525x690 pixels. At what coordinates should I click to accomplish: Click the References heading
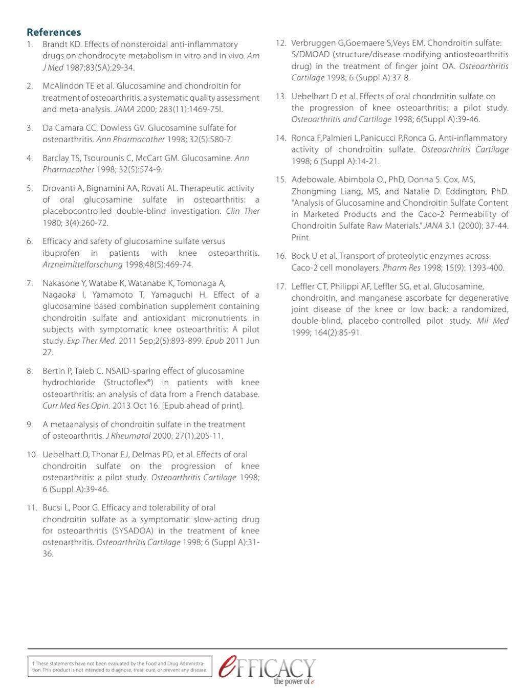(54, 33)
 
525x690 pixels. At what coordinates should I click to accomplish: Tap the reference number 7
(30, 283)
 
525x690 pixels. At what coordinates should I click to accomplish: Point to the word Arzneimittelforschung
(82, 264)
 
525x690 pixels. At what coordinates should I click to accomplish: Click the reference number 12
(280, 42)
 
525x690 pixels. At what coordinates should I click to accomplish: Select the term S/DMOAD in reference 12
(310, 54)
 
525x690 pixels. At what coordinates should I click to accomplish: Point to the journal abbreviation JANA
(427, 226)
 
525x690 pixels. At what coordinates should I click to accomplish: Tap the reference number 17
(280, 286)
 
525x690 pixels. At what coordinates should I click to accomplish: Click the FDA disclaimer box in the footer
(120, 666)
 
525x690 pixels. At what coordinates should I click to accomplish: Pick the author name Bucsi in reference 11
(52, 507)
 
